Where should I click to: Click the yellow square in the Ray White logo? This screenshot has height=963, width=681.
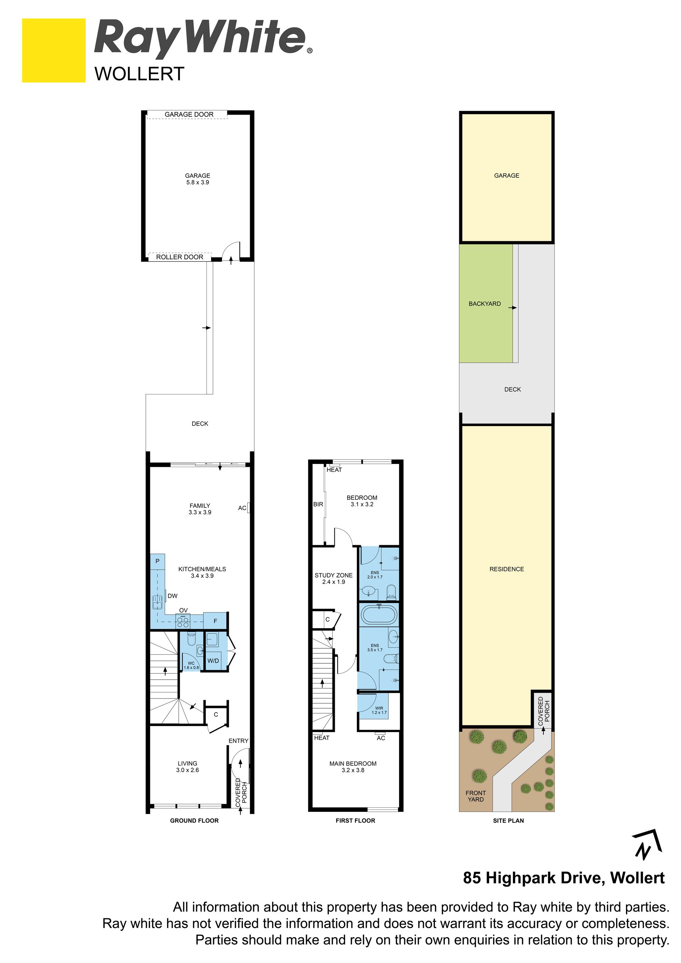(x=54, y=50)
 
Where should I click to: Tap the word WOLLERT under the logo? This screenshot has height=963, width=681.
(x=139, y=74)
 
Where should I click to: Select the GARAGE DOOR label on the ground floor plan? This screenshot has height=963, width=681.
(x=189, y=115)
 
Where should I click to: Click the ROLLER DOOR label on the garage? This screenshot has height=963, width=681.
(x=179, y=257)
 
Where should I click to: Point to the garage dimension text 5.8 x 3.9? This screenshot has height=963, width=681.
(x=198, y=182)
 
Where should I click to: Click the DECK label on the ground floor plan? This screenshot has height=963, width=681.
(x=200, y=424)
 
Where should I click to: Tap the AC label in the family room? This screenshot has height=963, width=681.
(x=242, y=508)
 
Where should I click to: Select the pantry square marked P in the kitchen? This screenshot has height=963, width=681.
(x=158, y=561)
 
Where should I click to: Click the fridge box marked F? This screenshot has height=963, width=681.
(x=215, y=621)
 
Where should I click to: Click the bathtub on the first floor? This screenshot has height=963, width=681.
(x=379, y=615)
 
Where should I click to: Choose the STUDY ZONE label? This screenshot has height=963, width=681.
(x=333, y=575)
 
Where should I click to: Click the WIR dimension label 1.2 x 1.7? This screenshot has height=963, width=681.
(x=379, y=712)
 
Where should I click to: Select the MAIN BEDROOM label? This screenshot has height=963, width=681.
(x=353, y=763)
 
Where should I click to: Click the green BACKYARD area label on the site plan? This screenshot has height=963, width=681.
(x=485, y=304)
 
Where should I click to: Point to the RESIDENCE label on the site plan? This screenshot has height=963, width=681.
(x=506, y=569)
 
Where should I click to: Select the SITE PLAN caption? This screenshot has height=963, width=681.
(x=508, y=820)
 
